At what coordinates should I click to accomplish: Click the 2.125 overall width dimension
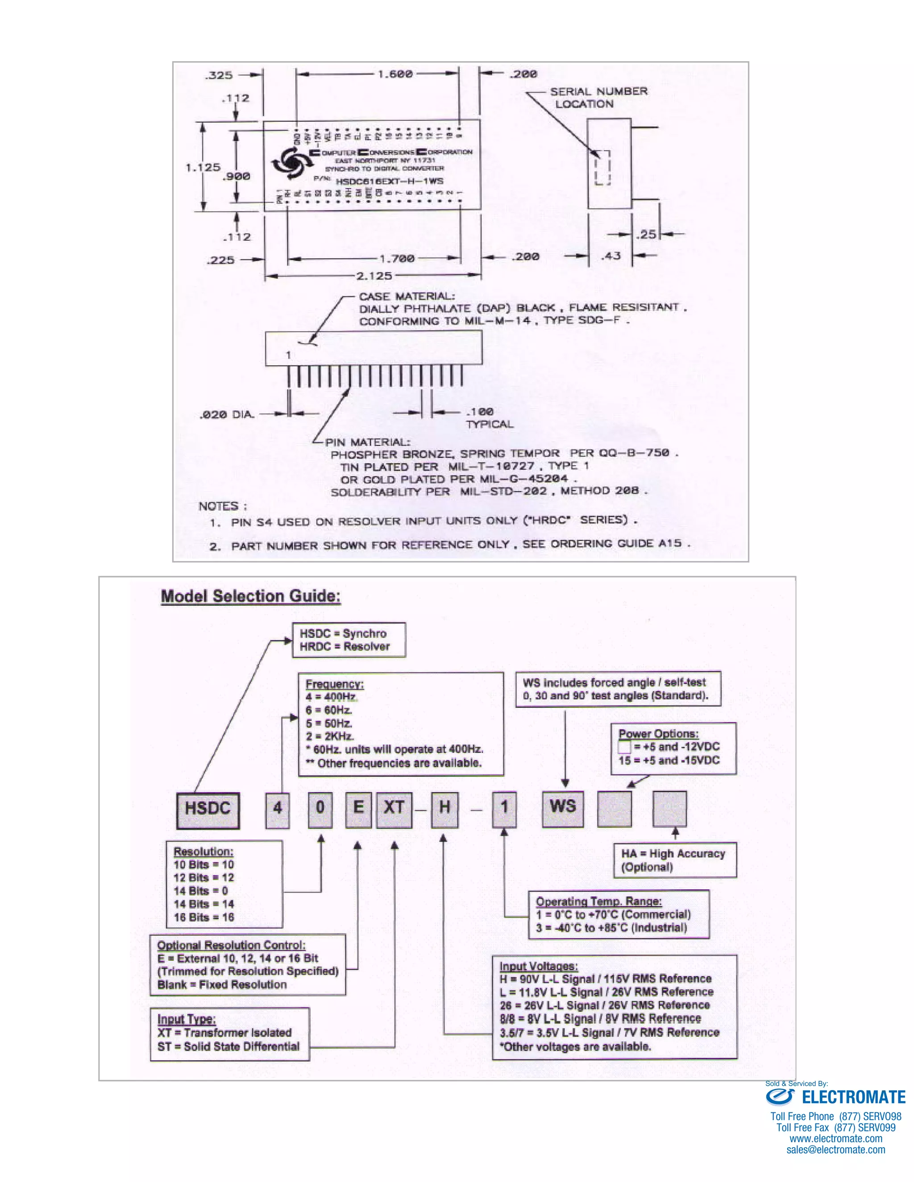(x=374, y=276)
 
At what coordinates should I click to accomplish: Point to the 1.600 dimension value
(x=395, y=74)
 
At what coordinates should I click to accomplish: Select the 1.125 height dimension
(x=203, y=167)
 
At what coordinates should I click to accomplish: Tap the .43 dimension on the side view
(x=611, y=256)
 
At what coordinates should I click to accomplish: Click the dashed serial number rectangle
(x=602, y=168)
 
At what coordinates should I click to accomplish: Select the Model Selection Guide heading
(x=251, y=596)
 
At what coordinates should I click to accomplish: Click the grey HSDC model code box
(x=208, y=810)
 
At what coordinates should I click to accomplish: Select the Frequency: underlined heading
(x=335, y=683)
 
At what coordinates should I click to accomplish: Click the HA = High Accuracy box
(x=675, y=860)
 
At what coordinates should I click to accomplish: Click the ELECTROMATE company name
(x=853, y=1097)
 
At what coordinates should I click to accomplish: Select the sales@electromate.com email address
(x=835, y=1149)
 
